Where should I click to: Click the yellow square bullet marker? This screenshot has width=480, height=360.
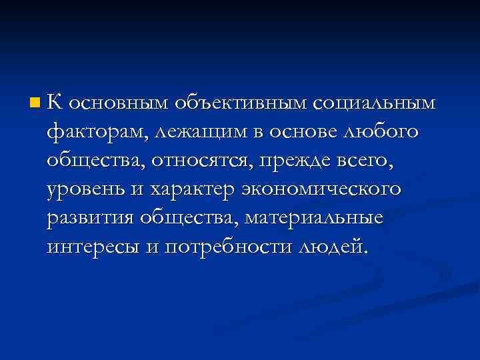[x=34, y=103]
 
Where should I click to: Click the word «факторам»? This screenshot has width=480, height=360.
[x=95, y=133]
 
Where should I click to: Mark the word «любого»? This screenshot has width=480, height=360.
[x=381, y=133]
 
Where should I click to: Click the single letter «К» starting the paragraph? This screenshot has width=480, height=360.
[x=55, y=103]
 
